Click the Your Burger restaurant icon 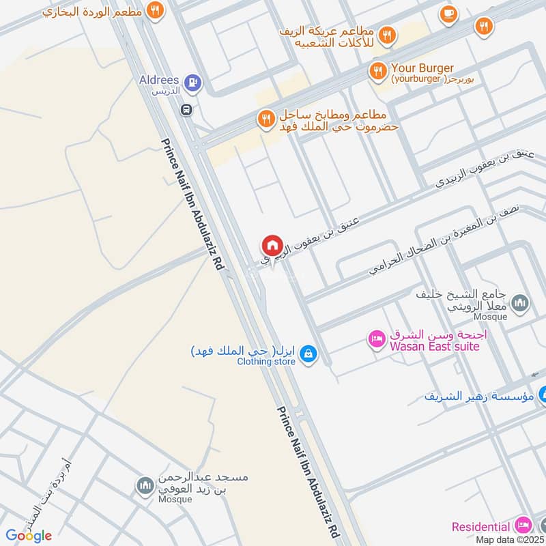[x=377, y=70]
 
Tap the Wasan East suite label [x=434, y=346]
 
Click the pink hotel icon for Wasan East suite [x=375, y=338]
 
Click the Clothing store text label [x=266, y=362]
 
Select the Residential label [x=480, y=527]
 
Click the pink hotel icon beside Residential [x=523, y=526]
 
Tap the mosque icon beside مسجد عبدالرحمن [x=145, y=485]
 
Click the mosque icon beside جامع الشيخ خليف [x=520, y=302]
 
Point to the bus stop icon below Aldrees [x=186, y=109]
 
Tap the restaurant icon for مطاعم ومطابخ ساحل [x=265, y=119]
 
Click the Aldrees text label [x=159, y=80]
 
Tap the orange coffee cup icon [x=448, y=14]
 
